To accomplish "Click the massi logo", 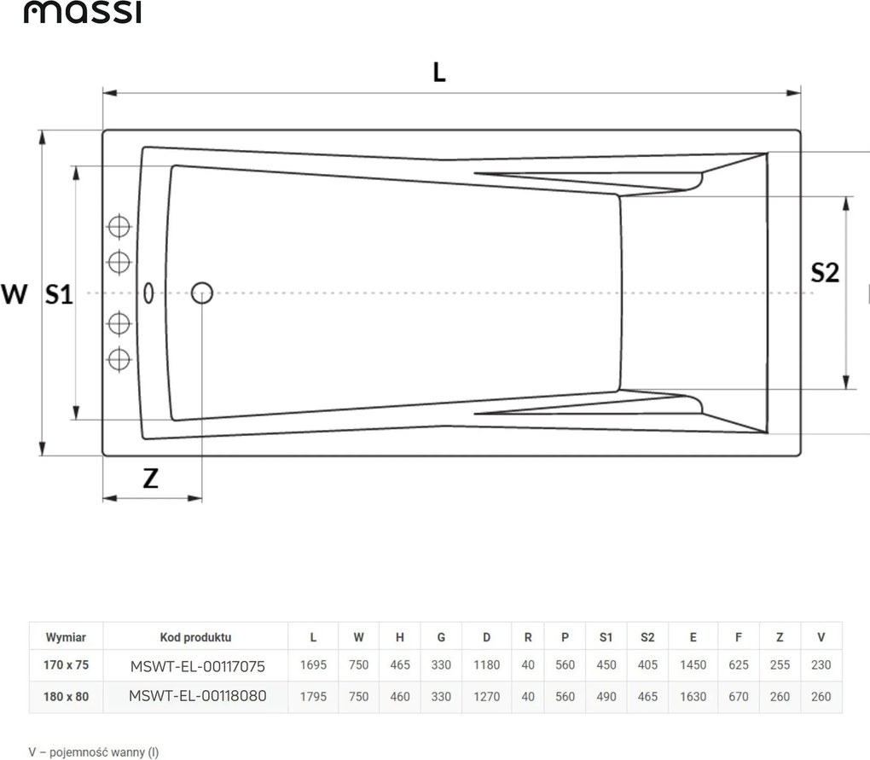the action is tap(82, 12).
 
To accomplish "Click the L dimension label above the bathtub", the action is tap(439, 73).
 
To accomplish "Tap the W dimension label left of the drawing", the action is tap(14, 293).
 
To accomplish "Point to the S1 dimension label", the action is tap(59, 294).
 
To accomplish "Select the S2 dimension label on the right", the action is tap(825, 272).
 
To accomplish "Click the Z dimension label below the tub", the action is tap(150, 478).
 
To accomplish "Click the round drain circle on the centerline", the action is tap(202, 293).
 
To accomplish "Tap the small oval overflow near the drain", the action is tap(148, 293).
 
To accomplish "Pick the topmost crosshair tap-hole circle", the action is tap(119, 226).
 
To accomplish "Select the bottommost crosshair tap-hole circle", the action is tap(119, 359).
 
